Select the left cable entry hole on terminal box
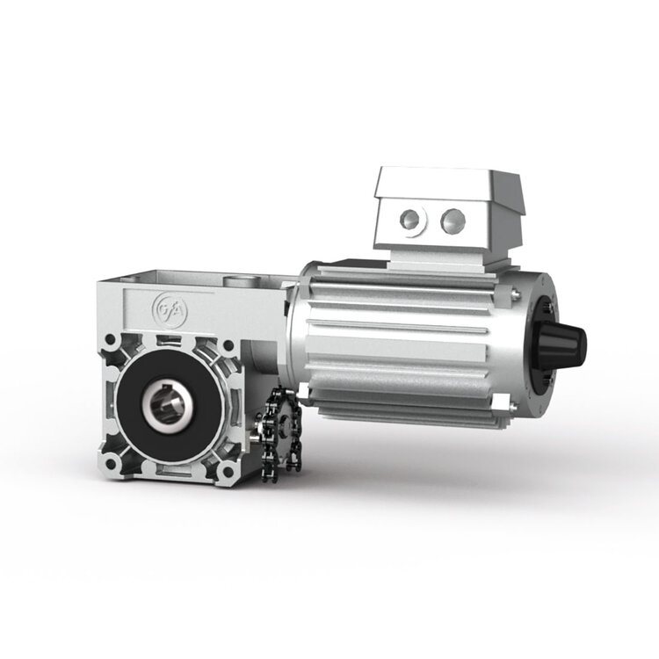(411, 219)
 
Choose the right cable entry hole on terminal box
(453, 217)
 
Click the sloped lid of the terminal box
(439, 182)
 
